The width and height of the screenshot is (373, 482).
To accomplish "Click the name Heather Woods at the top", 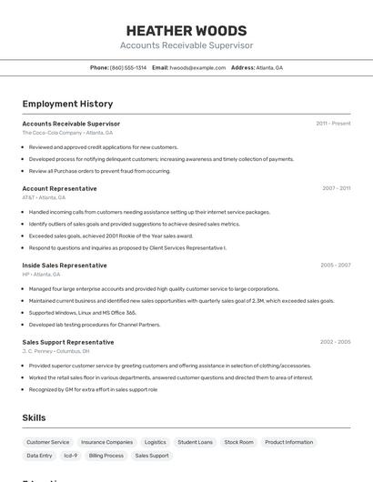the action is pos(186,30).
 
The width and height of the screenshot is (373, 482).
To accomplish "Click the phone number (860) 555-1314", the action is pos(128,67).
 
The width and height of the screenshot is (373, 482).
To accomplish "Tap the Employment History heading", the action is pos(67,104).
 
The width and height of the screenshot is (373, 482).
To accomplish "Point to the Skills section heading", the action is pos(35,417).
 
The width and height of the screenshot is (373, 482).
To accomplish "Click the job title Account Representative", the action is pos(59,188).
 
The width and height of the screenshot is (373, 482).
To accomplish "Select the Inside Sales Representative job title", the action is pos(65,266).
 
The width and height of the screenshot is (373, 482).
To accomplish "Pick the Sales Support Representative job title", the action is pos(68,342).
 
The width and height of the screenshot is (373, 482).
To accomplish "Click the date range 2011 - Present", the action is pos(333,124).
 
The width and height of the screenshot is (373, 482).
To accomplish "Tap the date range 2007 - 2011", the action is pos(336,188).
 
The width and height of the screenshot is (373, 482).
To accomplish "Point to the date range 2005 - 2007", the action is pos(335,266).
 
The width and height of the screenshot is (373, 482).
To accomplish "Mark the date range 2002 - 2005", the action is pos(335,342).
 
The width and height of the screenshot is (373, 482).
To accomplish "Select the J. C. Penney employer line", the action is pos(55,351).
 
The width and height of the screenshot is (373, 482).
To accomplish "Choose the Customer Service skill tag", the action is pos(48,442).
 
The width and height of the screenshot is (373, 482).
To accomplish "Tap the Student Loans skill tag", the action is pos(195,442).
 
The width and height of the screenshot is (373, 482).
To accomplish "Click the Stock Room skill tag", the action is pos(239,442).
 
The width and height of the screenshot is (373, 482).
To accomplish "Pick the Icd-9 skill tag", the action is pos(70,456).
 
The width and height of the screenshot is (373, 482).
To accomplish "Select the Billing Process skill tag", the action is pos(106,456).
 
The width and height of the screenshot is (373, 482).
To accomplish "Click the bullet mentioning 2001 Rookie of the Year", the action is pos(111,236).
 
